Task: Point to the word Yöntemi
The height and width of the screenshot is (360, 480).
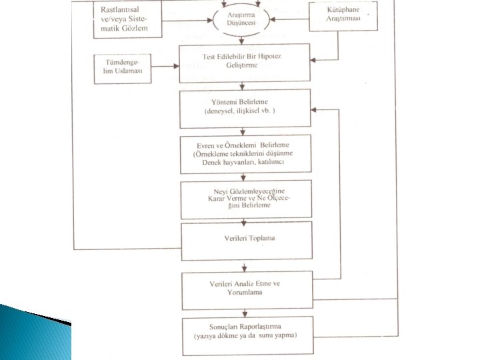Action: [223, 101]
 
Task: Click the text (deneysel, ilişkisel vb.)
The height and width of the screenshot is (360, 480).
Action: [240, 111]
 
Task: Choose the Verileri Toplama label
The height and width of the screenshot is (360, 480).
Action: [249, 238]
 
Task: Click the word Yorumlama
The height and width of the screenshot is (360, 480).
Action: [245, 292]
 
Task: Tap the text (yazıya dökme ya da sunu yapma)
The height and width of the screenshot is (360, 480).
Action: [245, 335]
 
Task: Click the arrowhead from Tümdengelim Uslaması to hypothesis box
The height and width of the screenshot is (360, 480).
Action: [176, 66]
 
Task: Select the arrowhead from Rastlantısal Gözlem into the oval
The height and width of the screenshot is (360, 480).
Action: [210, 21]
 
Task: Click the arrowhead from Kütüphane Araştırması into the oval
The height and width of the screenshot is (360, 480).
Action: [273, 19]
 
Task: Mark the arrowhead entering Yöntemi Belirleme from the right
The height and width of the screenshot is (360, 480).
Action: [313, 109]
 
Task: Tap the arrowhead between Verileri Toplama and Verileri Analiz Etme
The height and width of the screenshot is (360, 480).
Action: [244, 269]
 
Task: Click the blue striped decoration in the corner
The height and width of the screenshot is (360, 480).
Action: [35, 332]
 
